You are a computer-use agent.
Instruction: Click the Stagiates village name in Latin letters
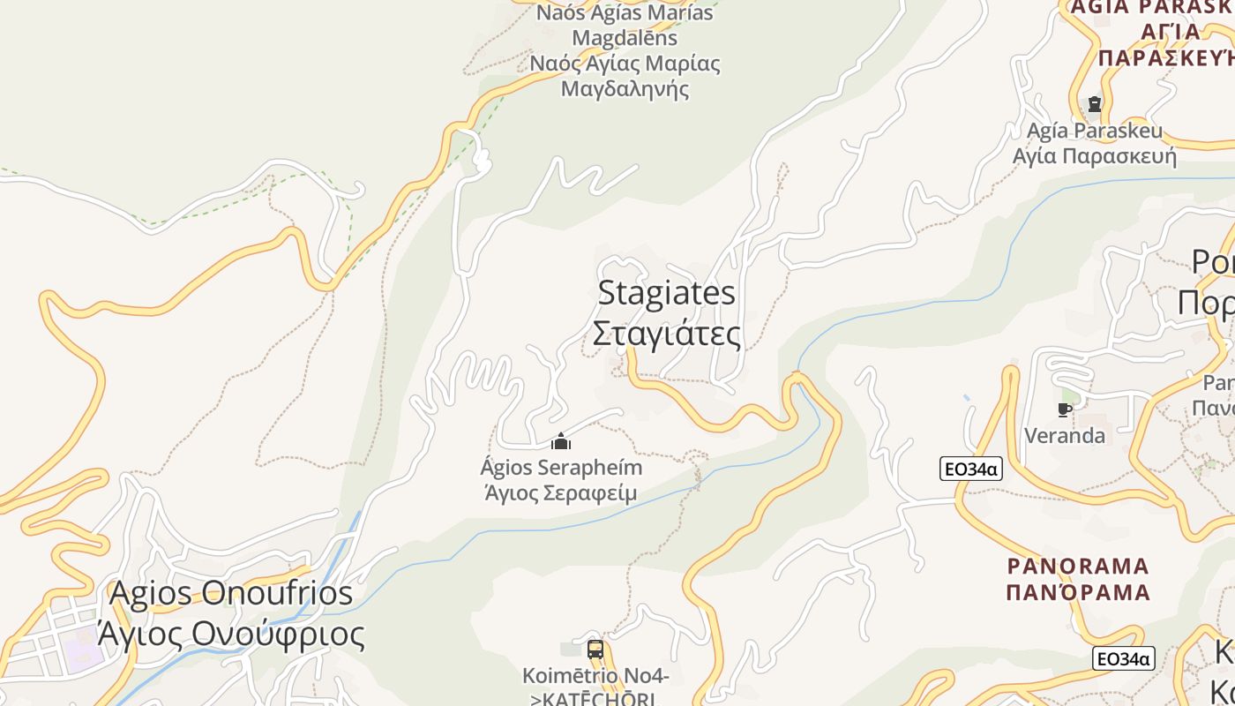coord(667,293)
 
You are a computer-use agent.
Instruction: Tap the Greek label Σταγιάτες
coord(667,334)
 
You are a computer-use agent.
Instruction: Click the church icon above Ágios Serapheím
coord(561,441)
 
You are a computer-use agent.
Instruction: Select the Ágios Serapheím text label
coord(561,467)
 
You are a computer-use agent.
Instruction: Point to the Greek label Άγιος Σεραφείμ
coord(561,492)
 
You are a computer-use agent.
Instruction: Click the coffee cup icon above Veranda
coord(1065,409)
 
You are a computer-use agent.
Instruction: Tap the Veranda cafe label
coord(1065,435)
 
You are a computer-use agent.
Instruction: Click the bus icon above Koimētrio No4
coord(595,650)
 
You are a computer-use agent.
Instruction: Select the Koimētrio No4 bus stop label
coord(595,676)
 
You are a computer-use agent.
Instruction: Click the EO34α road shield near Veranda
coord(970,469)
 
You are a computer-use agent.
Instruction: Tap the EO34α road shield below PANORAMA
coord(1123,658)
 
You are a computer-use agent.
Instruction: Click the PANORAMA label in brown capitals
coord(1078,566)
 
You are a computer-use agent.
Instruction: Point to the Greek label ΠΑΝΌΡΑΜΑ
coord(1078,591)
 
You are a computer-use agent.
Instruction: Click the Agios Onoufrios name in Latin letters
coord(231,593)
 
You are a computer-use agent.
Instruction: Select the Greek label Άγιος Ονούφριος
coord(231,634)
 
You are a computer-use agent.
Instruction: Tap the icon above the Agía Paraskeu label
coord(1095,104)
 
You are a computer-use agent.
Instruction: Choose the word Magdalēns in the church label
coord(625,38)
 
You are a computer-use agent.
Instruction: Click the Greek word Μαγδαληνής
coord(625,88)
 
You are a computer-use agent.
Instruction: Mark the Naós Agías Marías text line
coord(625,13)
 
